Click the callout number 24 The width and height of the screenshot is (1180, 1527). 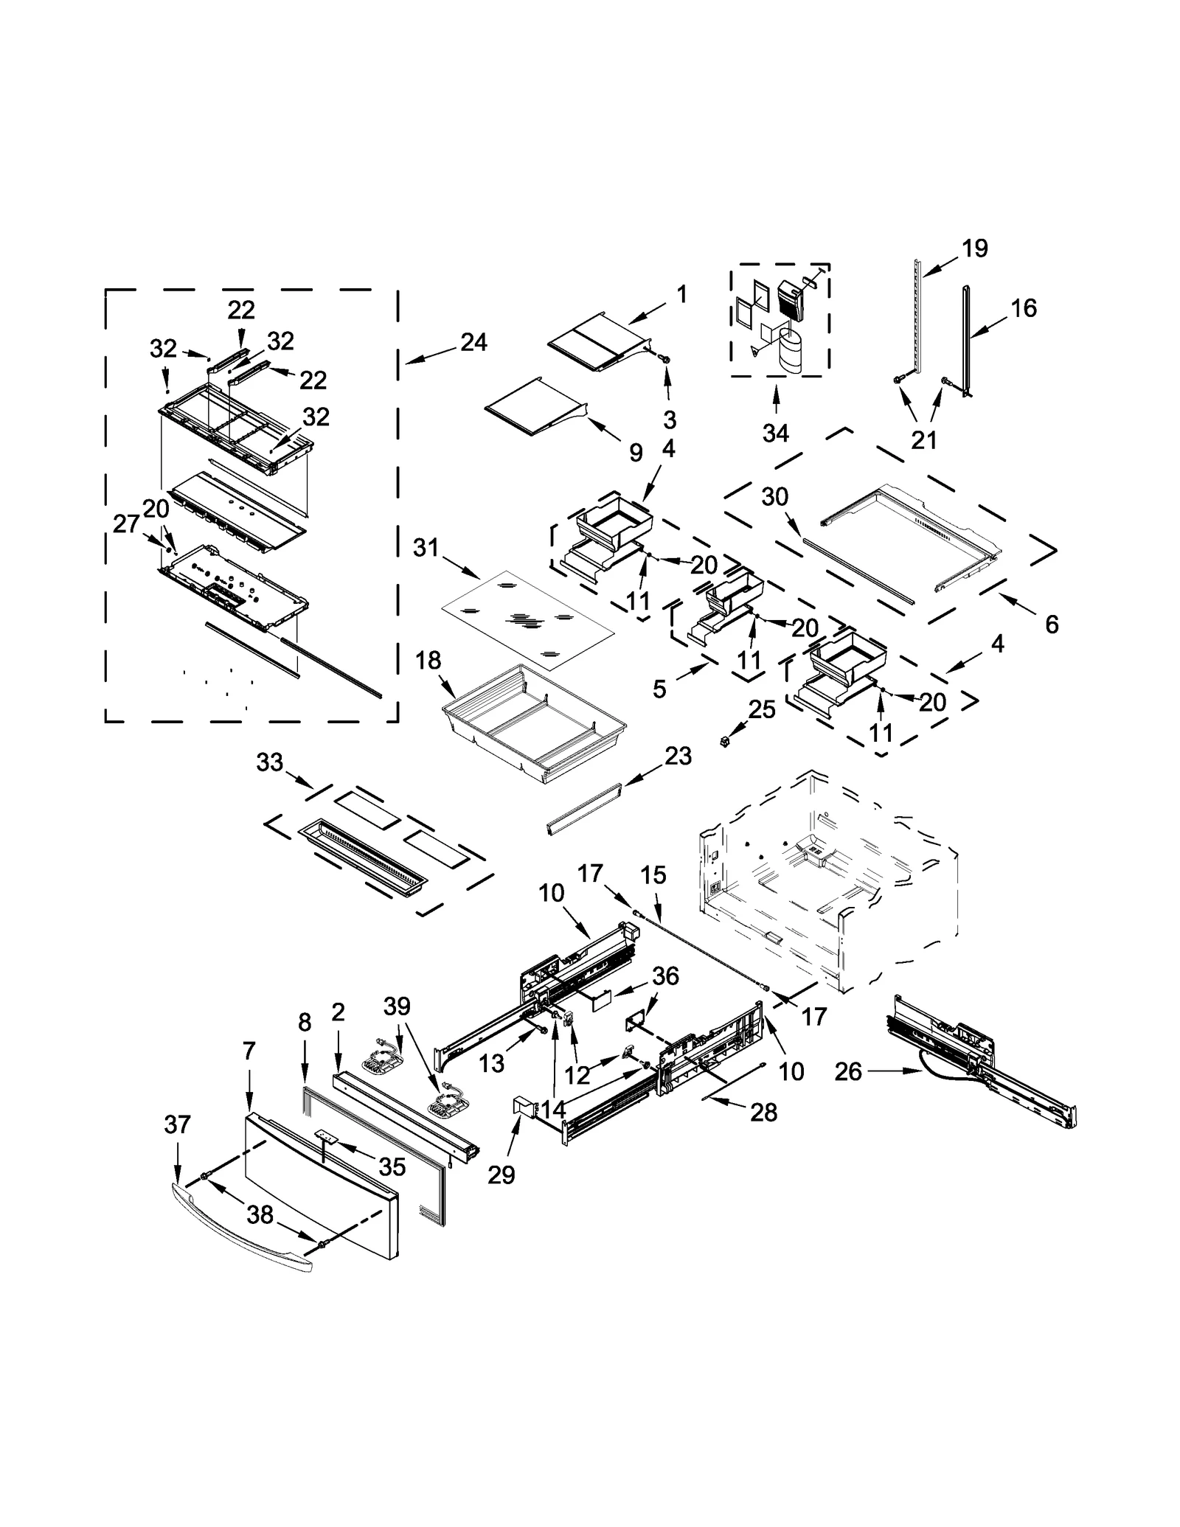473,342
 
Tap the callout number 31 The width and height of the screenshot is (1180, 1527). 426,548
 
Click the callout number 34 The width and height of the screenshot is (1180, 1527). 775,434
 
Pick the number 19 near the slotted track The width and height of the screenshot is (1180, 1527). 975,248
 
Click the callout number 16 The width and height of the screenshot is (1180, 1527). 1024,307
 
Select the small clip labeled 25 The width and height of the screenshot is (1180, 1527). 726,740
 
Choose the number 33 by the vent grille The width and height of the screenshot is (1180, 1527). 270,762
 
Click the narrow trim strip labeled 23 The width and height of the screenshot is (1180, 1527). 583,810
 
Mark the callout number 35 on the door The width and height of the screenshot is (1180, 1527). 392,1166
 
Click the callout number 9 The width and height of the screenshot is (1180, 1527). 636,452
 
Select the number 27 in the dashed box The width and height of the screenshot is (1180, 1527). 126,524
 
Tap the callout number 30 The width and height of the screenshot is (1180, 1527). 775,497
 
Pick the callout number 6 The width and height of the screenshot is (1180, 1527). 1052,625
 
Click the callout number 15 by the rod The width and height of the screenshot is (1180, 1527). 653,874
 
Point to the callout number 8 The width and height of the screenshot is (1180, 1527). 305,1023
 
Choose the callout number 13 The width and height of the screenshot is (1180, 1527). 491,1062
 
